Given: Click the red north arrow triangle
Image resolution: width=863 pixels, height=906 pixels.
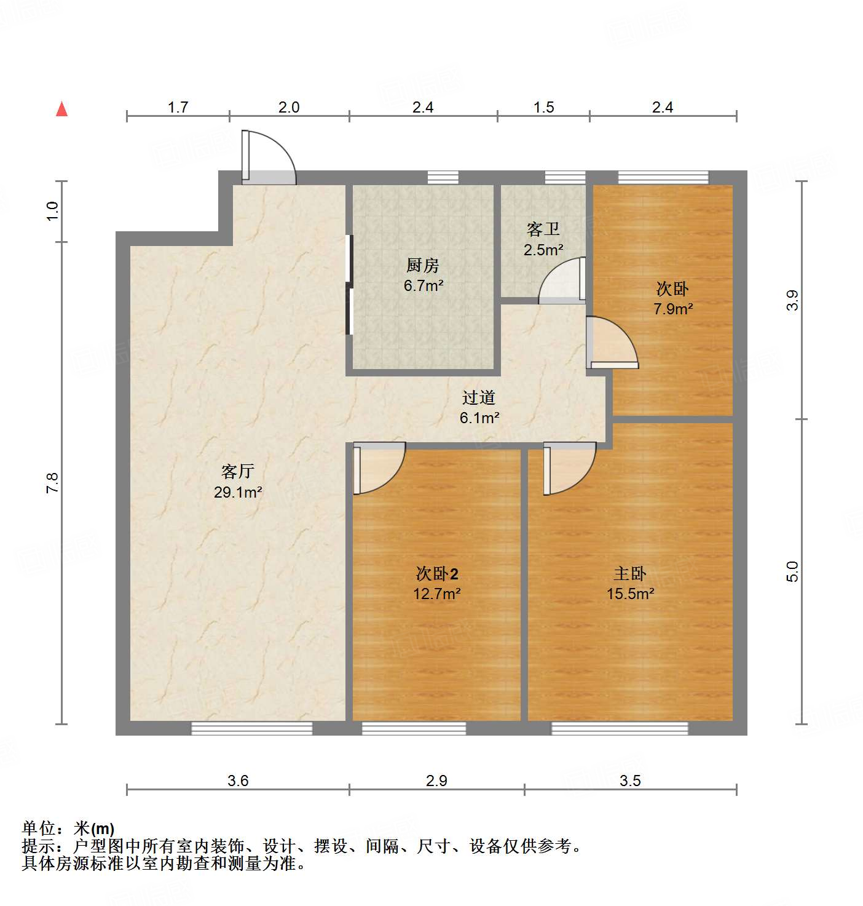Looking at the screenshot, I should click(x=61, y=109).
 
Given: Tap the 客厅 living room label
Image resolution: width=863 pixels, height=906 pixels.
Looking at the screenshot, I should click(x=238, y=471).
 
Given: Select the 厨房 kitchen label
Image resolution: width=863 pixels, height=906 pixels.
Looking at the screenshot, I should click(x=423, y=265).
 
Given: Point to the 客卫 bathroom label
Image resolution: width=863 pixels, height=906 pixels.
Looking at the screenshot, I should click(x=543, y=229).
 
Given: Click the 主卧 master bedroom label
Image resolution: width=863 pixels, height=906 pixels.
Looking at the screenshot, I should click(x=630, y=573).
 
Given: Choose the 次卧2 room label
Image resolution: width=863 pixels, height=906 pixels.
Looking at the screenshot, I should click(x=437, y=573).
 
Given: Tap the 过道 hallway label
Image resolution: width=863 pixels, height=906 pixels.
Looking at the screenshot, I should click(x=479, y=398).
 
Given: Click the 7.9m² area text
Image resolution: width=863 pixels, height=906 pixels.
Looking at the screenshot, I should click(x=673, y=309).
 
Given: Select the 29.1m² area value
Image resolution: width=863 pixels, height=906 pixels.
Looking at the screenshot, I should click(x=238, y=492).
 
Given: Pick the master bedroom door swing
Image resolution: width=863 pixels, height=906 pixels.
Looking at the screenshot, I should click(x=569, y=467).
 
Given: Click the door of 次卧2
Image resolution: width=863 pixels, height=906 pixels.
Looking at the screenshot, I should click(x=378, y=467).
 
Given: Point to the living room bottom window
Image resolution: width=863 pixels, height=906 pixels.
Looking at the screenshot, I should click(x=252, y=728).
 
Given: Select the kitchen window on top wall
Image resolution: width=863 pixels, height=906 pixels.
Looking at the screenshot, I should click(x=443, y=177).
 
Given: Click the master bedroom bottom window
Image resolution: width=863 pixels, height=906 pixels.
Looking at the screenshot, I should click(x=620, y=728).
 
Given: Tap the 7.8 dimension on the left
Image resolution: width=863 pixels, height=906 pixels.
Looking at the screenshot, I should click(x=53, y=482).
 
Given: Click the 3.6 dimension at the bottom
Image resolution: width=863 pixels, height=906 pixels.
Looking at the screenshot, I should click(x=238, y=781).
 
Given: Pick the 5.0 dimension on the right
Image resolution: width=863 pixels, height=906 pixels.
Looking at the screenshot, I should click(x=792, y=571).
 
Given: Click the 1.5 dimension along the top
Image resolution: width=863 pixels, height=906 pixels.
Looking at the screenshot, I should click(x=544, y=108).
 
